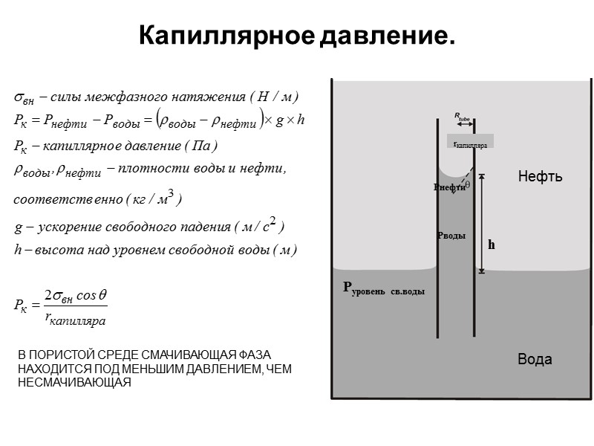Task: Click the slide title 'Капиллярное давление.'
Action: [296, 36]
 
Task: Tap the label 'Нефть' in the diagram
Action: [540, 177]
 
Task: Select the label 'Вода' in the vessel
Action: [535, 360]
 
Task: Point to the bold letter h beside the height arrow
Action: [491, 244]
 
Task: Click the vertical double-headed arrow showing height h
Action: [481, 223]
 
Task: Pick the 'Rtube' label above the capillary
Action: [462, 116]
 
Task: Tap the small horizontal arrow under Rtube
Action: [462, 123]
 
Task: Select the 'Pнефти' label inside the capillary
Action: [449, 187]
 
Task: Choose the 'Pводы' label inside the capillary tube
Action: [451, 236]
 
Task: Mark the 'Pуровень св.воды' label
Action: [383, 289]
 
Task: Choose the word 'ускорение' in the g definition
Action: [65, 226]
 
